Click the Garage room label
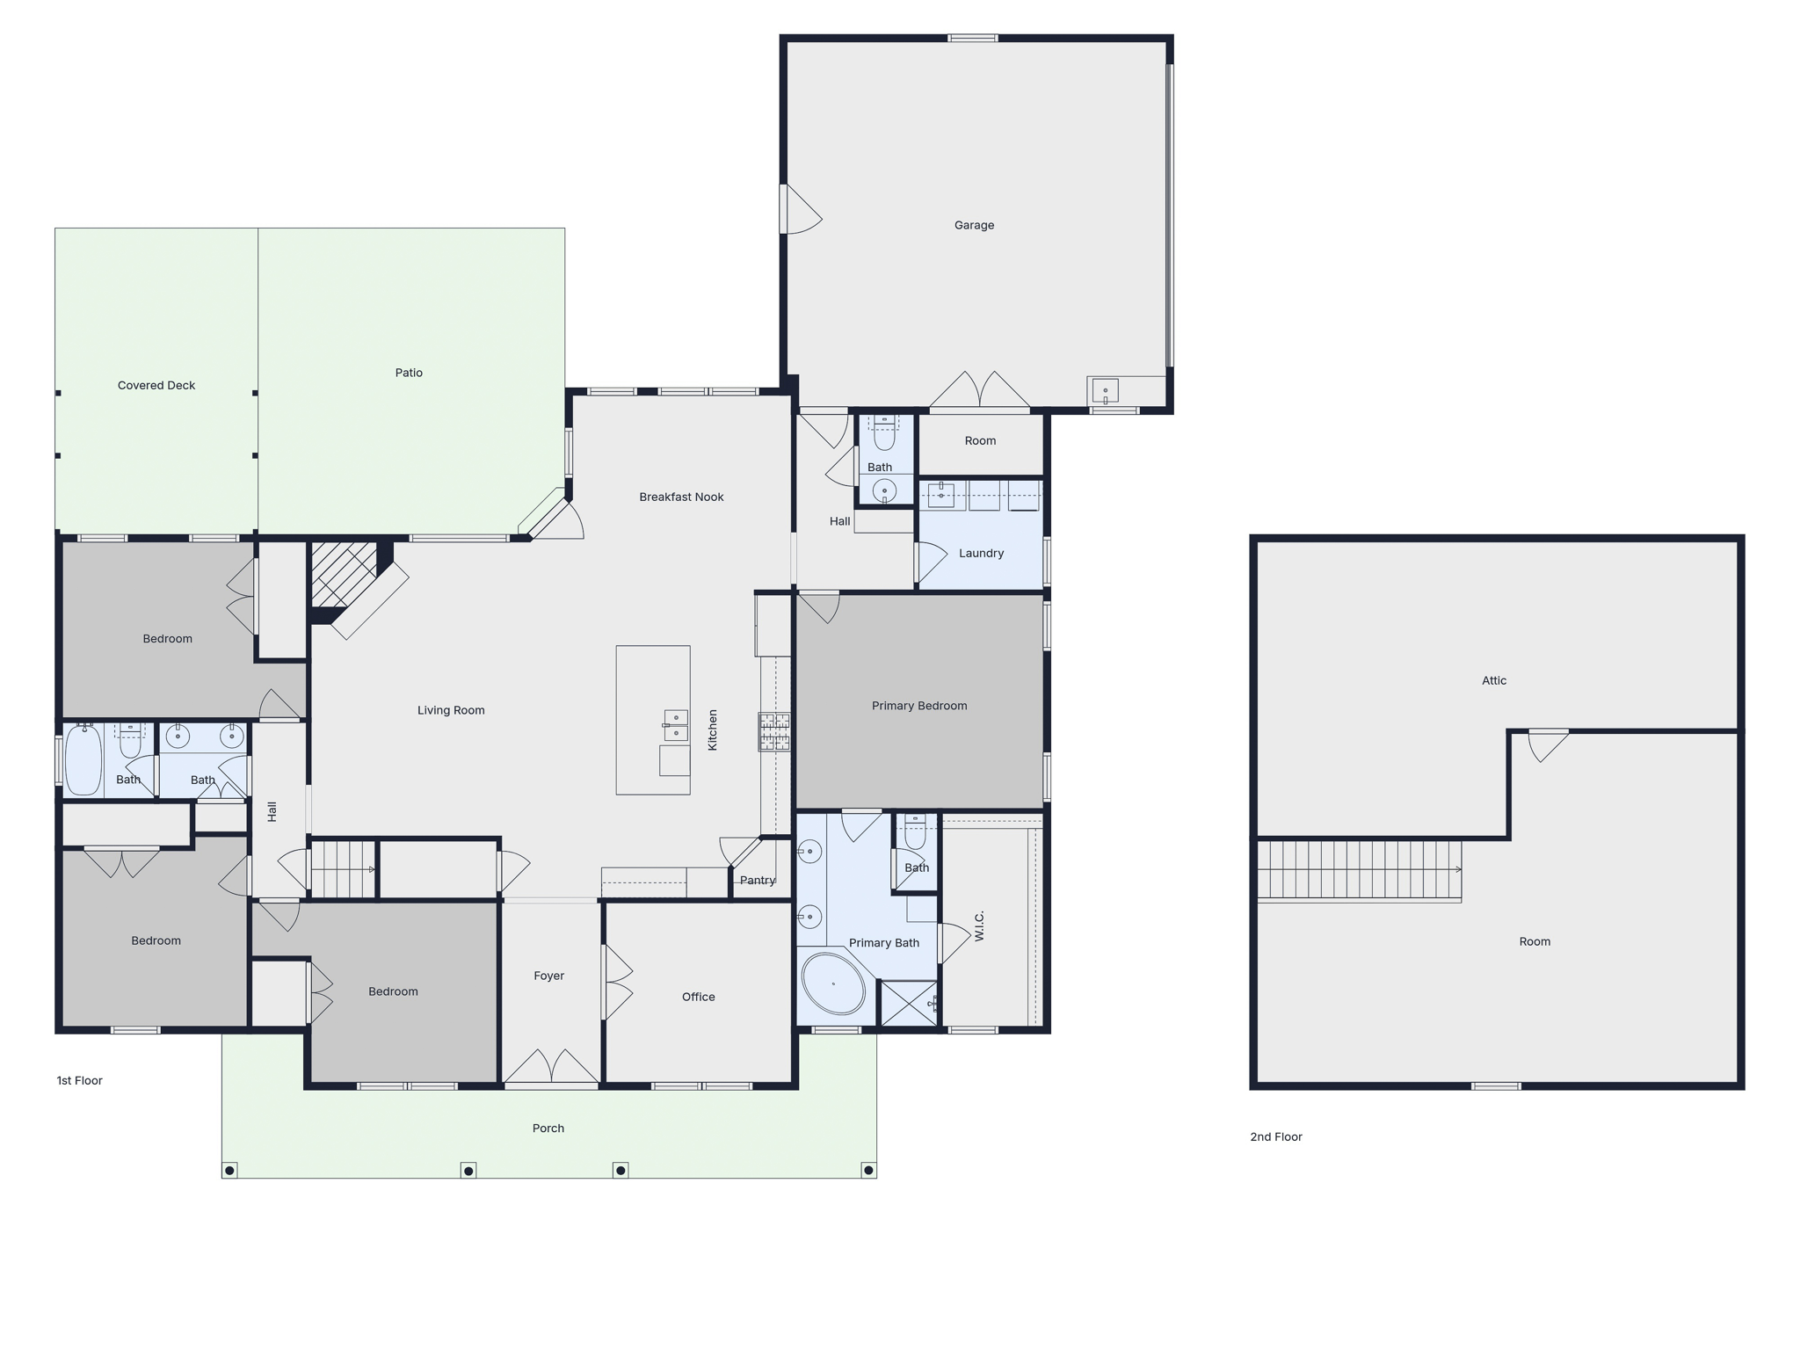(974, 225)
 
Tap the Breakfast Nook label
(681, 497)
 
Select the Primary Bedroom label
(919, 706)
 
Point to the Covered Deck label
(156, 385)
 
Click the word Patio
(409, 373)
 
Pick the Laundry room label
(981, 553)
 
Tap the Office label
(699, 997)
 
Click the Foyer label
(548, 976)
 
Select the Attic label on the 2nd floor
(1494, 680)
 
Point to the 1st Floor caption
(80, 1080)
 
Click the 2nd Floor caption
(1276, 1136)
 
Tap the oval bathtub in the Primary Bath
(833, 983)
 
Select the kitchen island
(653, 720)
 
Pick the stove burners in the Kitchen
(774, 731)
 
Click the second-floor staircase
(1359, 870)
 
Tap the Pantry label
(758, 880)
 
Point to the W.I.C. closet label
(979, 925)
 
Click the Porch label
(548, 1128)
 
